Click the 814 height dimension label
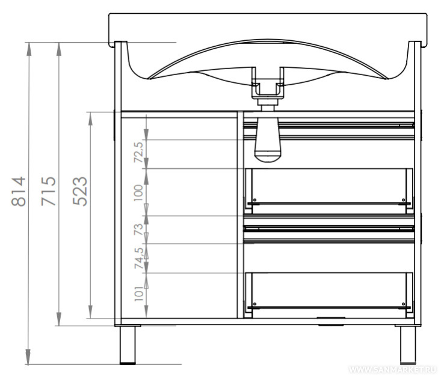19,192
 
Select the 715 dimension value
48,191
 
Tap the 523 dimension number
80,191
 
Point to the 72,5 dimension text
138,153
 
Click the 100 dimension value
138,193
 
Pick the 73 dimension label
138,230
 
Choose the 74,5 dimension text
139,258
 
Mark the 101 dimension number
139,294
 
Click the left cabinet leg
128,345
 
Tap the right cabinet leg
408,345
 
